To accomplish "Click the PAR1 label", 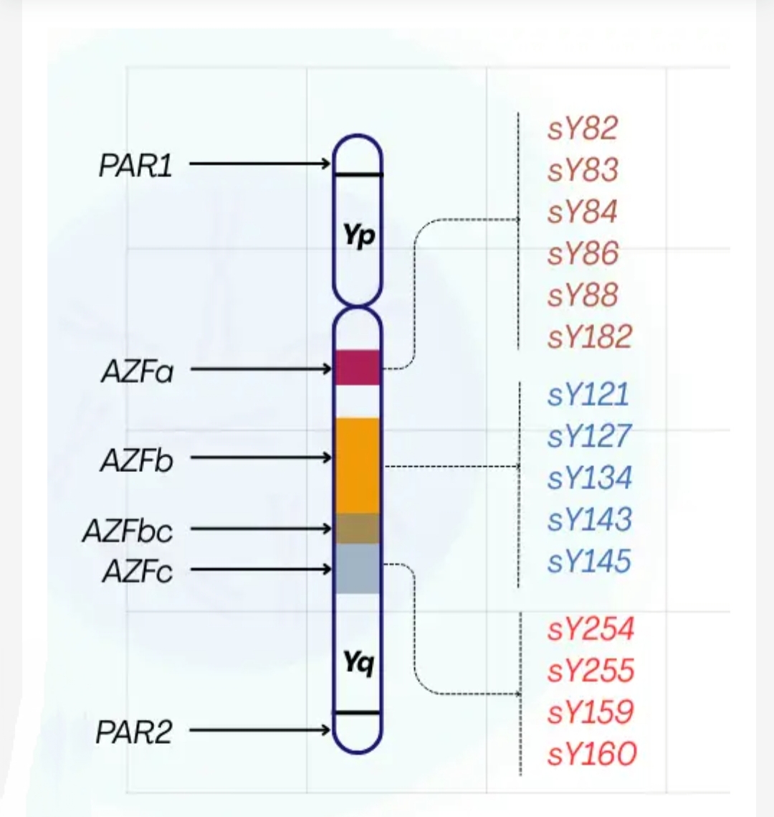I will point(135,166).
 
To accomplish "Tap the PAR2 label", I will point(134,732).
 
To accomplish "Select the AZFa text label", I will point(137,372).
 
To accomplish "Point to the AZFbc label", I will point(128,531).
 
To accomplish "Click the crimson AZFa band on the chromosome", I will point(358,368).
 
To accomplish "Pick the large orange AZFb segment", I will point(358,465).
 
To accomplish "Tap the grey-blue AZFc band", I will point(358,569).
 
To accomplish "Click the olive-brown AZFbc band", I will point(358,529).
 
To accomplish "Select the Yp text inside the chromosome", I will point(358,235).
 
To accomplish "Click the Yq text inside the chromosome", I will point(358,663).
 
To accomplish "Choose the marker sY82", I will point(583,129).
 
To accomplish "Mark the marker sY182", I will point(590,336).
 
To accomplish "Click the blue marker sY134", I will point(590,478).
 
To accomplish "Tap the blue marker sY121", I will point(588,395).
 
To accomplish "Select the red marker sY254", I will point(591,629).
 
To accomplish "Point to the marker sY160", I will point(591,754).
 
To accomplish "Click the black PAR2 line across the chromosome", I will point(358,712).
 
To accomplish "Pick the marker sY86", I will point(583,253).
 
